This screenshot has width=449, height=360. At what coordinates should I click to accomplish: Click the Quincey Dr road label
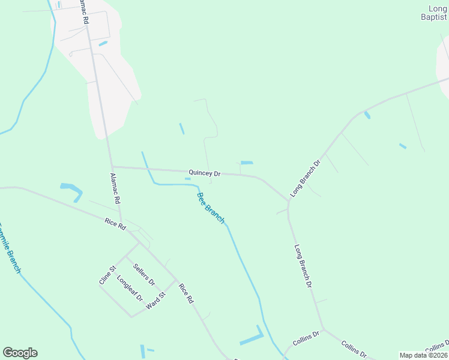tap(205, 173)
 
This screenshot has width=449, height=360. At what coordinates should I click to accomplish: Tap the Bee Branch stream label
tap(211, 208)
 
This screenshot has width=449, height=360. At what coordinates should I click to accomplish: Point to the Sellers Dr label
tap(144, 274)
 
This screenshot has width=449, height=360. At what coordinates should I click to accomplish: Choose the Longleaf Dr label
tap(130, 288)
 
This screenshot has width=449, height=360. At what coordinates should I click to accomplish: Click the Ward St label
tap(155, 301)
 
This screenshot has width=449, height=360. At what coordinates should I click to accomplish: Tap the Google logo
tap(20, 353)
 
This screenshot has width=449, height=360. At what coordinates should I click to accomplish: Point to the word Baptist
tap(433, 17)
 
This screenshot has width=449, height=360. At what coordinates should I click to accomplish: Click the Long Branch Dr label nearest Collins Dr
tap(304, 264)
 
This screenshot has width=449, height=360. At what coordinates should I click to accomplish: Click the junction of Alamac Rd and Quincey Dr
tap(112, 167)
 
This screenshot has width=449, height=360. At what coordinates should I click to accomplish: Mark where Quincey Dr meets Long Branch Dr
tap(288, 200)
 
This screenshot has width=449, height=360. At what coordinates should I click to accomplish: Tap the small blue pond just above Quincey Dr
tap(247, 163)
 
